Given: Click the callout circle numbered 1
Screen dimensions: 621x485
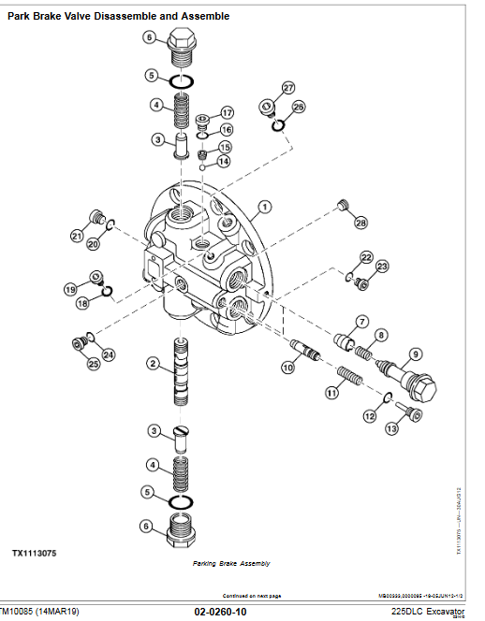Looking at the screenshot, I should point(265,206).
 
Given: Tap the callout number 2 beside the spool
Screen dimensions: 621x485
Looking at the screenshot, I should point(152,363).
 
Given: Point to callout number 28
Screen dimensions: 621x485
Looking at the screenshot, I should point(360,223).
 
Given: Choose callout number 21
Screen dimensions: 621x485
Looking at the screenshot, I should point(77,237).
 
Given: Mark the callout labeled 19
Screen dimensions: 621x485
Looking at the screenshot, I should point(69,289).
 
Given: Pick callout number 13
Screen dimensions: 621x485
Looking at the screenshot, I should point(391,428).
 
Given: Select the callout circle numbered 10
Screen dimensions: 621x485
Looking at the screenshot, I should point(287,368).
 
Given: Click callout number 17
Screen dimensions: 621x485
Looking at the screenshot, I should point(227,112).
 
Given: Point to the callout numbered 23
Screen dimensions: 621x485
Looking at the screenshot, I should point(381,267).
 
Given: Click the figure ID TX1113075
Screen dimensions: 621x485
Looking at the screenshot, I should point(34,554).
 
